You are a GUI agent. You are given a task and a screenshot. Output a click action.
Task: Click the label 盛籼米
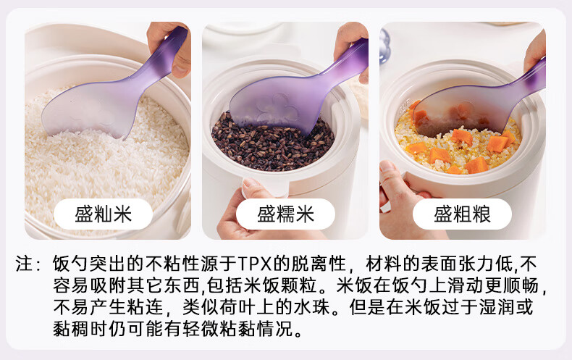[104, 214]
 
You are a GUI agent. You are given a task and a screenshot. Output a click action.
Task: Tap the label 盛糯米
[285, 214]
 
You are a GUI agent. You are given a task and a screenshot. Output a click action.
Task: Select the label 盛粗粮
[462, 214]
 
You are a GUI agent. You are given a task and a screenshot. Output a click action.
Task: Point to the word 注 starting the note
[25, 264]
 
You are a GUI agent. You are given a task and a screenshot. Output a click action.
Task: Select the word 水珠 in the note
[313, 307]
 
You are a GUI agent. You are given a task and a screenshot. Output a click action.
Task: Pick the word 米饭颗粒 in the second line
[280, 285]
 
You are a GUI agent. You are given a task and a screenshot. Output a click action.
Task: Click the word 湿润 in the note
[497, 307]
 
